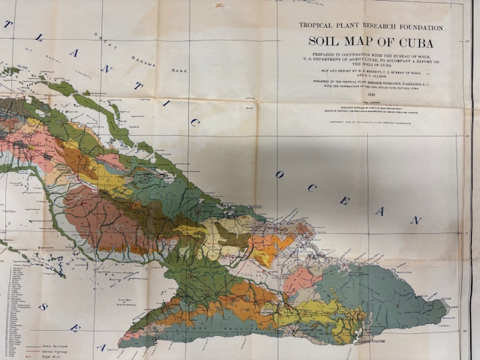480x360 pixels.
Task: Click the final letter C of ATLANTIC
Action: point(193,122)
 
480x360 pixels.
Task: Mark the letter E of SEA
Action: point(73,328)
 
